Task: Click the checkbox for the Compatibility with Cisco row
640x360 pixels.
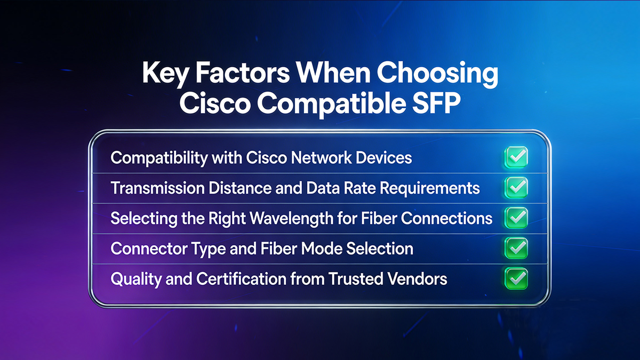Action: pos(516,157)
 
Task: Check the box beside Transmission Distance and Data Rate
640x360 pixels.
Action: pos(516,187)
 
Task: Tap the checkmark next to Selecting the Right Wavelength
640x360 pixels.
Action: pos(516,218)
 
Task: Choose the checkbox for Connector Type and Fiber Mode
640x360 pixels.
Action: pos(516,247)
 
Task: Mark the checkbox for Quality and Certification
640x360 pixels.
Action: pos(516,278)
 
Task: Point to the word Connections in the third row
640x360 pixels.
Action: pos(452,218)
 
